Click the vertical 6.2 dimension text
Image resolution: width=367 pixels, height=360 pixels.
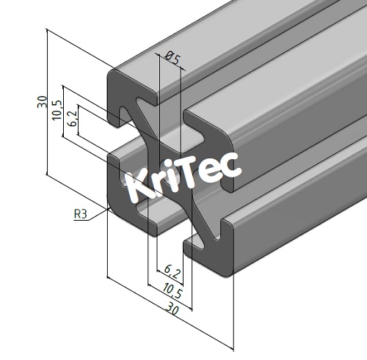(x=71, y=120)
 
